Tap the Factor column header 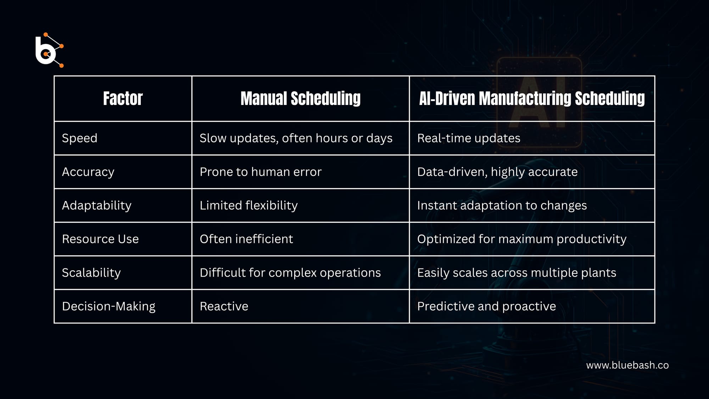click(x=123, y=99)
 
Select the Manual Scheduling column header click(x=300, y=99)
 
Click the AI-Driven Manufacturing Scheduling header click(x=532, y=99)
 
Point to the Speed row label click(x=79, y=138)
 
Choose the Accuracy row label click(x=88, y=172)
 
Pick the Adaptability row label click(x=96, y=205)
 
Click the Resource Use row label click(x=100, y=239)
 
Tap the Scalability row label click(x=91, y=273)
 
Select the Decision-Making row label click(x=108, y=306)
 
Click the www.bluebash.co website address click(x=627, y=365)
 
